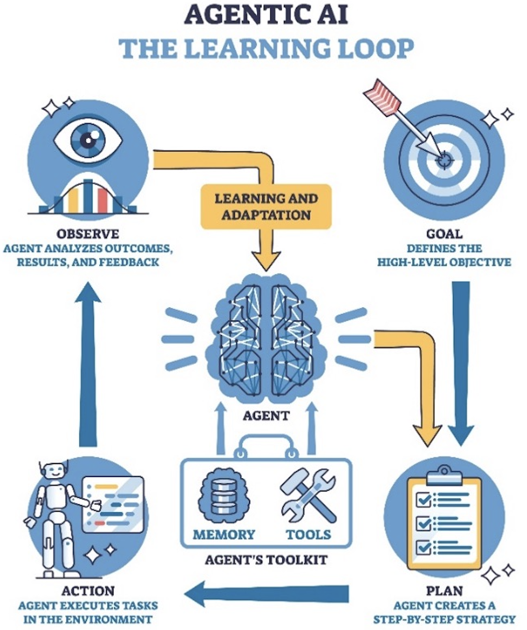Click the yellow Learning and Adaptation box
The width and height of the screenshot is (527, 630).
pos(266,206)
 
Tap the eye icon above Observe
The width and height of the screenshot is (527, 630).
pos(88,140)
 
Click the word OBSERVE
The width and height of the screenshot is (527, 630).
pos(88,234)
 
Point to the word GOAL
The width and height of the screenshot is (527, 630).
pos(444,234)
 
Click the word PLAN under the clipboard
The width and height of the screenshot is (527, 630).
pos(444,591)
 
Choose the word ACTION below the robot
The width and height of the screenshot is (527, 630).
pos(88,591)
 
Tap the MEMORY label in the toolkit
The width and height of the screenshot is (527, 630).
pos(224,534)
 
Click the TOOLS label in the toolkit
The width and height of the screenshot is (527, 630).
pos(309,534)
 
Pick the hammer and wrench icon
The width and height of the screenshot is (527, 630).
pos(308,495)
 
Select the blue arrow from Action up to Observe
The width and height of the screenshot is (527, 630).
pos(88,366)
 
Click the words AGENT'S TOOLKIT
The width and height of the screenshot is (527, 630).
pos(266,560)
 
